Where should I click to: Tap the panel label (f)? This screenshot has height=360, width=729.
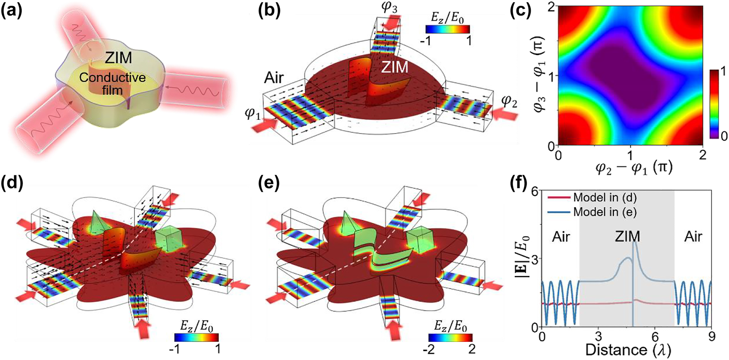click(520, 184)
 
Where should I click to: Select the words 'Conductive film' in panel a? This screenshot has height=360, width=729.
click(112, 84)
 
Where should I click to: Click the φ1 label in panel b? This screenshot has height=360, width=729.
click(252, 114)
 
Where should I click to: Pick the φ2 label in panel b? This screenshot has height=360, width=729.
click(510, 101)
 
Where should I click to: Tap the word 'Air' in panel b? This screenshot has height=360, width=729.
click(274, 78)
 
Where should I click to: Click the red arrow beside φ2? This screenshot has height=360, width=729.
click(505, 115)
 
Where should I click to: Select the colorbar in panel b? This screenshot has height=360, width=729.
click(447, 29)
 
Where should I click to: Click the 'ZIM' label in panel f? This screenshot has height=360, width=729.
click(627, 237)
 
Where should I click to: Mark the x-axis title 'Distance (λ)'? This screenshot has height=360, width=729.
click(628, 350)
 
